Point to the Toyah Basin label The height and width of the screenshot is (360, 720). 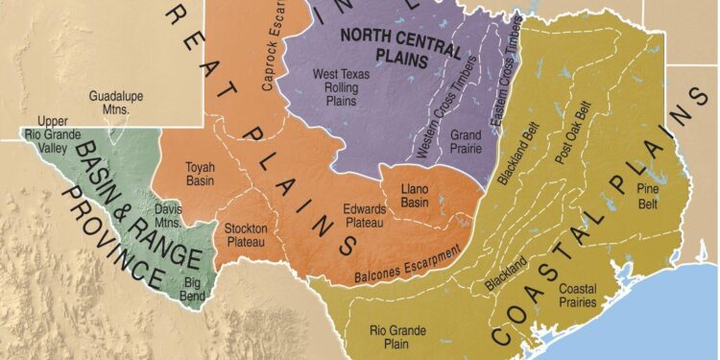coord(201,173)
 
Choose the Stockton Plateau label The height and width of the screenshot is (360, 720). coord(246,234)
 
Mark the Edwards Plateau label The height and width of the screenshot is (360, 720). coord(364,216)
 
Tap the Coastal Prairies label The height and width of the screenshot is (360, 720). coord(578,295)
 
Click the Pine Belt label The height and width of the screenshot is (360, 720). coord(651,198)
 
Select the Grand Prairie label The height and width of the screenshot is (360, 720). coord(466,142)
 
